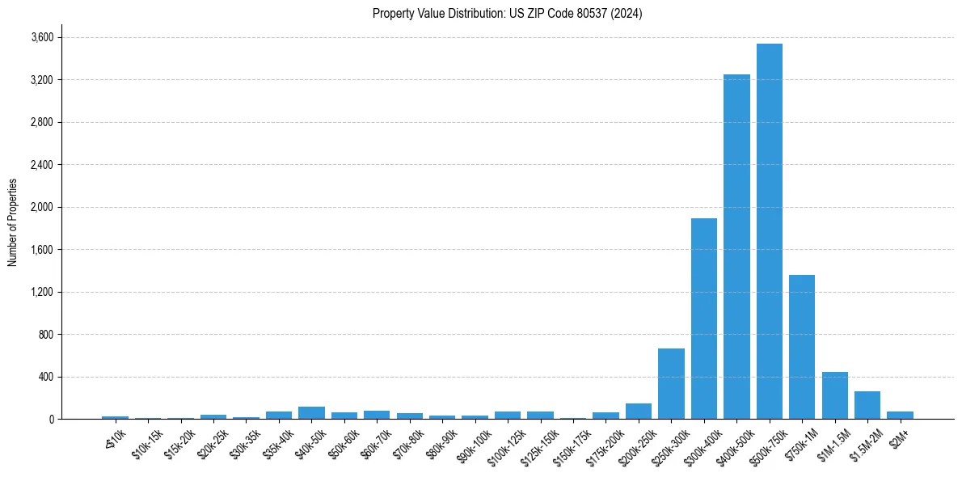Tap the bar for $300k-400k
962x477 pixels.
(x=703, y=319)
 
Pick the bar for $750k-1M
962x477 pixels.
(x=802, y=347)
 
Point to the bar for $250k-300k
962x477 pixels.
(x=671, y=383)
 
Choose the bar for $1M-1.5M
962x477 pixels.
(x=834, y=395)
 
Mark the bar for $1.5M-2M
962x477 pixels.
(x=867, y=405)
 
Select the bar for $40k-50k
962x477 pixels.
(x=311, y=412)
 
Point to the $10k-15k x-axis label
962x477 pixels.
(x=145, y=444)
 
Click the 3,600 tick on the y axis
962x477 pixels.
(x=42, y=37)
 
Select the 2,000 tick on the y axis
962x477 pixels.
(x=42, y=207)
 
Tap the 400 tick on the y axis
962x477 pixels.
(x=46, y=377)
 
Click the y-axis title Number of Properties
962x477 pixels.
(x=13, y=222)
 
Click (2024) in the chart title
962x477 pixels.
(x=627, y=14)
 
